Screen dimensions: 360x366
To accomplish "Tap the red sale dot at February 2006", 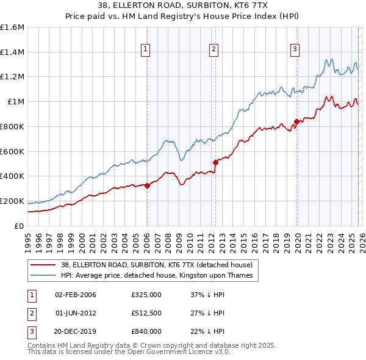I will click(x=147, y=185).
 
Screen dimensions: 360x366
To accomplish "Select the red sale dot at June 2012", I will click(x=215, y=162).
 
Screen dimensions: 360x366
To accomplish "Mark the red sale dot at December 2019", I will click(x=296, y=121).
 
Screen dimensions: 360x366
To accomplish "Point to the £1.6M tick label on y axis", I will click(x=12, y=27).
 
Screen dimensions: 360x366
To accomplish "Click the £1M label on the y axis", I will click(x=15, y=102).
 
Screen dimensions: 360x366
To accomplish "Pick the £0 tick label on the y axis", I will click(x=20, y=226).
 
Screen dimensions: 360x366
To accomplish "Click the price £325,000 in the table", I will click(x=146, y=295).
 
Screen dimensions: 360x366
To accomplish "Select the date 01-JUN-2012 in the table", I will click(x=75, y=313).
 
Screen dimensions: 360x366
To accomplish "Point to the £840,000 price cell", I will click(x=146, y=331).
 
